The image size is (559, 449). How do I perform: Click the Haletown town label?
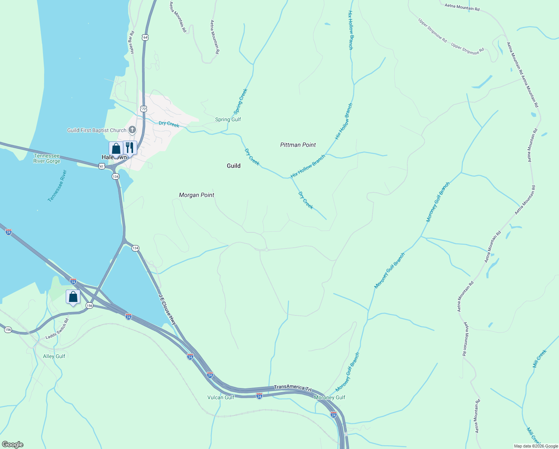tap(114, 158)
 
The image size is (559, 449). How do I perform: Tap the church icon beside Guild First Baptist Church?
tap(132, 130)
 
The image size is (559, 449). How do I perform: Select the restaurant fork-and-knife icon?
tap(130, 147)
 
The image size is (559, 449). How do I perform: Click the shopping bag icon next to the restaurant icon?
tap(116, 149)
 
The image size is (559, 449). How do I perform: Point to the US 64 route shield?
tap(145, 37)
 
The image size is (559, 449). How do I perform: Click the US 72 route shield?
tap(144, 109)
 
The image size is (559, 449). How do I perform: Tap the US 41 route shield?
tap(102, 166)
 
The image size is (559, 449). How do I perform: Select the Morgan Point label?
tap(197, 195)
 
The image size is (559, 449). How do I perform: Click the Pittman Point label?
tap(298, 145)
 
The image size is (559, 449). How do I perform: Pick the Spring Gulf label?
tap(228, 119)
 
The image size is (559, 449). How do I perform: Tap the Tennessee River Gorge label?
tap(47, 158)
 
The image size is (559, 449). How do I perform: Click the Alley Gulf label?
tap(54, 356)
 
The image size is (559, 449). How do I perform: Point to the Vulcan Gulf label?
tap(221, 397)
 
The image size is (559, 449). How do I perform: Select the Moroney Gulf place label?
tap(330, 397)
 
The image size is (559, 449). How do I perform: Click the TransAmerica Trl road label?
tap(293, 388)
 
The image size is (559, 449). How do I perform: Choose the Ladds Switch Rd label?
tap(57, 329)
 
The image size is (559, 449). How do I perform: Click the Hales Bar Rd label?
tap(131, 43)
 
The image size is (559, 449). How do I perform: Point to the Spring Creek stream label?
tap(240, 101)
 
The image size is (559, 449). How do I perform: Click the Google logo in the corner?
tap(13, 445)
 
